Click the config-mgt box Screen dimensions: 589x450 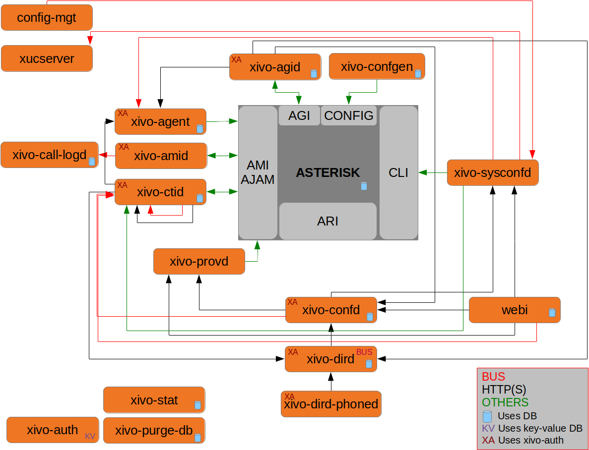(47, 18)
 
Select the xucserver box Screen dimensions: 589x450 (47, 58)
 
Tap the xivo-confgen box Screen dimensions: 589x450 (377, 66)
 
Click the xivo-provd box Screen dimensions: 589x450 (199, 261)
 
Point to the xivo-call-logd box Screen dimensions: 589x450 (50, 155)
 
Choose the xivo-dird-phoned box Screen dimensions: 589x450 (331, 404)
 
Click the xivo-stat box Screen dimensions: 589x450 (154, 400)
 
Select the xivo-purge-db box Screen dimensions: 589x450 (154, 431)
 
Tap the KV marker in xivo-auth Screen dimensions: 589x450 (90, 436)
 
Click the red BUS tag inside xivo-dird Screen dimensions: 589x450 (364, 352)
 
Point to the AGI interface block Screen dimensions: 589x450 (299, 115)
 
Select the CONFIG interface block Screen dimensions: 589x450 (349, 115)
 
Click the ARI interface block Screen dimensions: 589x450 (328, 221)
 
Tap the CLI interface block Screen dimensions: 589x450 (398, 172)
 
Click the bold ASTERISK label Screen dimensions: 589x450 (328, 172)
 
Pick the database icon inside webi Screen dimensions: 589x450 (552, 313)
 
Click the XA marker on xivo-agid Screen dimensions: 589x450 (236, 59)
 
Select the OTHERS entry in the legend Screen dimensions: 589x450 (505, 402)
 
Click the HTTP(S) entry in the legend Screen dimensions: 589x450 (504, 390)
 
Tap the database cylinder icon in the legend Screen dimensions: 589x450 (487, 416)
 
